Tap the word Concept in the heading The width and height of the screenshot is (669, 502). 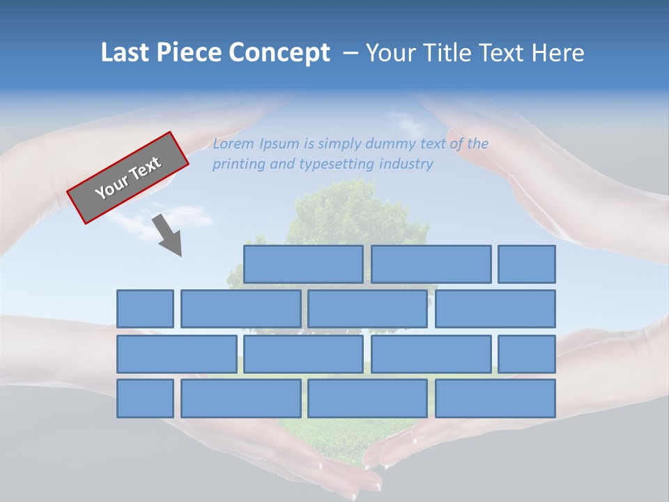pos(279,53)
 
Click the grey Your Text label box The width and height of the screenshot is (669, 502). pos(128,178)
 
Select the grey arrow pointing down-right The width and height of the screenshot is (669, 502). pos(169,236)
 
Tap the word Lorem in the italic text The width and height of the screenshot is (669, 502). pos(233,144)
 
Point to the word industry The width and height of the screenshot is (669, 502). pos(406,165)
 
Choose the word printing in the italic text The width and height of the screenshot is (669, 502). pos(237,165)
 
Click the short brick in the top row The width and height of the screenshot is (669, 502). pos(527,264)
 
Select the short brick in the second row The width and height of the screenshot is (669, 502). pos(145,309)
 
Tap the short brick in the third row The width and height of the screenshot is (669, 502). pos(527,354)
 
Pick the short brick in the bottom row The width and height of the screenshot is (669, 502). pos(145,399)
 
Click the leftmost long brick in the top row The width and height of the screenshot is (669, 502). pos(303,264)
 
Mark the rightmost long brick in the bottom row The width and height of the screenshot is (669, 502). pos(495,399)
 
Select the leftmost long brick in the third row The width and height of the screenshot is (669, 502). pos(176,354)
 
